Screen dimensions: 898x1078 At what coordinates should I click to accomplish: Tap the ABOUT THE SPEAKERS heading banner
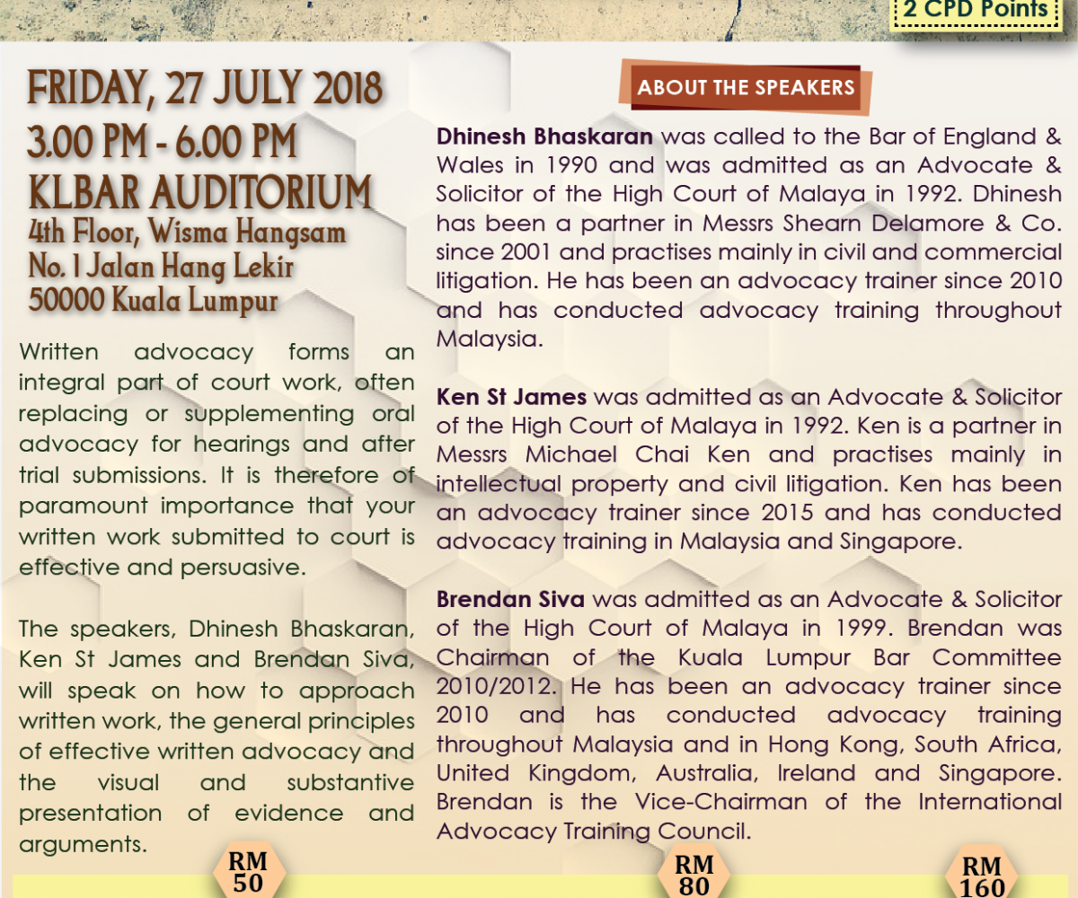click(746, 88)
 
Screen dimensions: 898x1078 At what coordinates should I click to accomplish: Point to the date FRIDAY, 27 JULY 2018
click(206, 91)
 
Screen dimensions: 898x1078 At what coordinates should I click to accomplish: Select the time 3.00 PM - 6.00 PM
click(163, 144)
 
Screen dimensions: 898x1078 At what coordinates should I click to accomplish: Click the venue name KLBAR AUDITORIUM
click(199, 192)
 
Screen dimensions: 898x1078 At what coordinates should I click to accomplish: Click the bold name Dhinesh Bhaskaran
click(544, 137)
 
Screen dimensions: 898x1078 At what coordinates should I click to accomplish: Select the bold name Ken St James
click(511, 397)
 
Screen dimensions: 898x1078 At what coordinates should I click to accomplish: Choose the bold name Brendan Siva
click(510, 599)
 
